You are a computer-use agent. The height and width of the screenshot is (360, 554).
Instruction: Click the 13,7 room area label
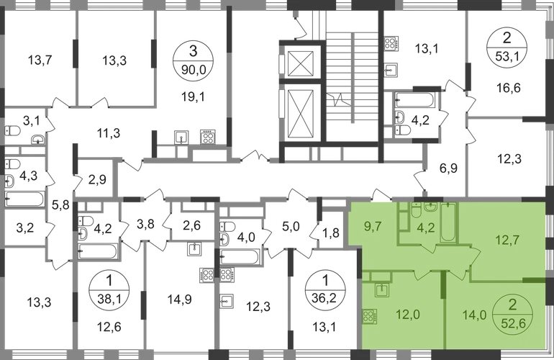point(40,60)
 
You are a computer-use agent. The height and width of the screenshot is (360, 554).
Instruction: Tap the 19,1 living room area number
point(193,96)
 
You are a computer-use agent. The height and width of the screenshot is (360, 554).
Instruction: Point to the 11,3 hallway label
point(109,133)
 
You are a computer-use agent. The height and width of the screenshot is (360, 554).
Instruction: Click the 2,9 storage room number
point(97,180)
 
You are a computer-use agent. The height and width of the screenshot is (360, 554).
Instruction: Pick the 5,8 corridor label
point(60,204)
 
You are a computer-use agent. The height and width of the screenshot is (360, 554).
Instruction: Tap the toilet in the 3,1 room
point(12,131)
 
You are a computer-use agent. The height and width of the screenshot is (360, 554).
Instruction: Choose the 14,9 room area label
point(179,300)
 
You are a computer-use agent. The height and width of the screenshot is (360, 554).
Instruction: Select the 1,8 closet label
point(330,233)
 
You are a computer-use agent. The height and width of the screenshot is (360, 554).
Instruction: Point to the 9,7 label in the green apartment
point(373,226)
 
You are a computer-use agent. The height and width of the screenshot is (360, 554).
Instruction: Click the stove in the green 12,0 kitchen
point(369,317)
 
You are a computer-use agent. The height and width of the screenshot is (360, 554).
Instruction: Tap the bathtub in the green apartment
point(449,222)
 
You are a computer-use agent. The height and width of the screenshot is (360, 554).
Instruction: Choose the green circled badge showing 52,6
point(512,313)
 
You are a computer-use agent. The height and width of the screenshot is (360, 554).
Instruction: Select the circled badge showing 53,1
point(507,47)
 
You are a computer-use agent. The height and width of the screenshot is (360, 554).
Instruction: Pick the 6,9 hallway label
point(448,168)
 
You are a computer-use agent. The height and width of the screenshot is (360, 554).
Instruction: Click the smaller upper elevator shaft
point(301,63)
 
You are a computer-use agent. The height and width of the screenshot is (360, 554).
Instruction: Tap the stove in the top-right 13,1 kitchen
point(391,43)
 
